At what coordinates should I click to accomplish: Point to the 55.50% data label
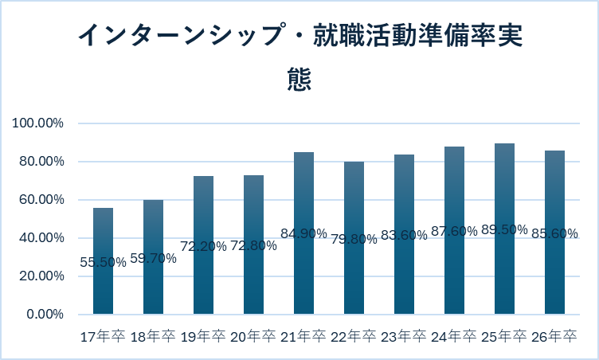tap(104, 262)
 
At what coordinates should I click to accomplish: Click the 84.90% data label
tap(303, 233)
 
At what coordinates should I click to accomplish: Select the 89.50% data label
tap(504, 229)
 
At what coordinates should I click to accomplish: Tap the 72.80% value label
tap(253, 245)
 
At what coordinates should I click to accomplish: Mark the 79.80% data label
tap(354, 239)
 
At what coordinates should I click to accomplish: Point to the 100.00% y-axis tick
tap(37, 123)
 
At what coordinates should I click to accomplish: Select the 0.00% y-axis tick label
tap(44, 315)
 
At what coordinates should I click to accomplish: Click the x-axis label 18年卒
tap(153, 337)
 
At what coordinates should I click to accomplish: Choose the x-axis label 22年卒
tap(354, 337)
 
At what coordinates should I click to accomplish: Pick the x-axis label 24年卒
tap(454, 337)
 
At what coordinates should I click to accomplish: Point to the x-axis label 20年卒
tap(253, 337)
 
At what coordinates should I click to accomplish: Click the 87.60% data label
tap(454, 231)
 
